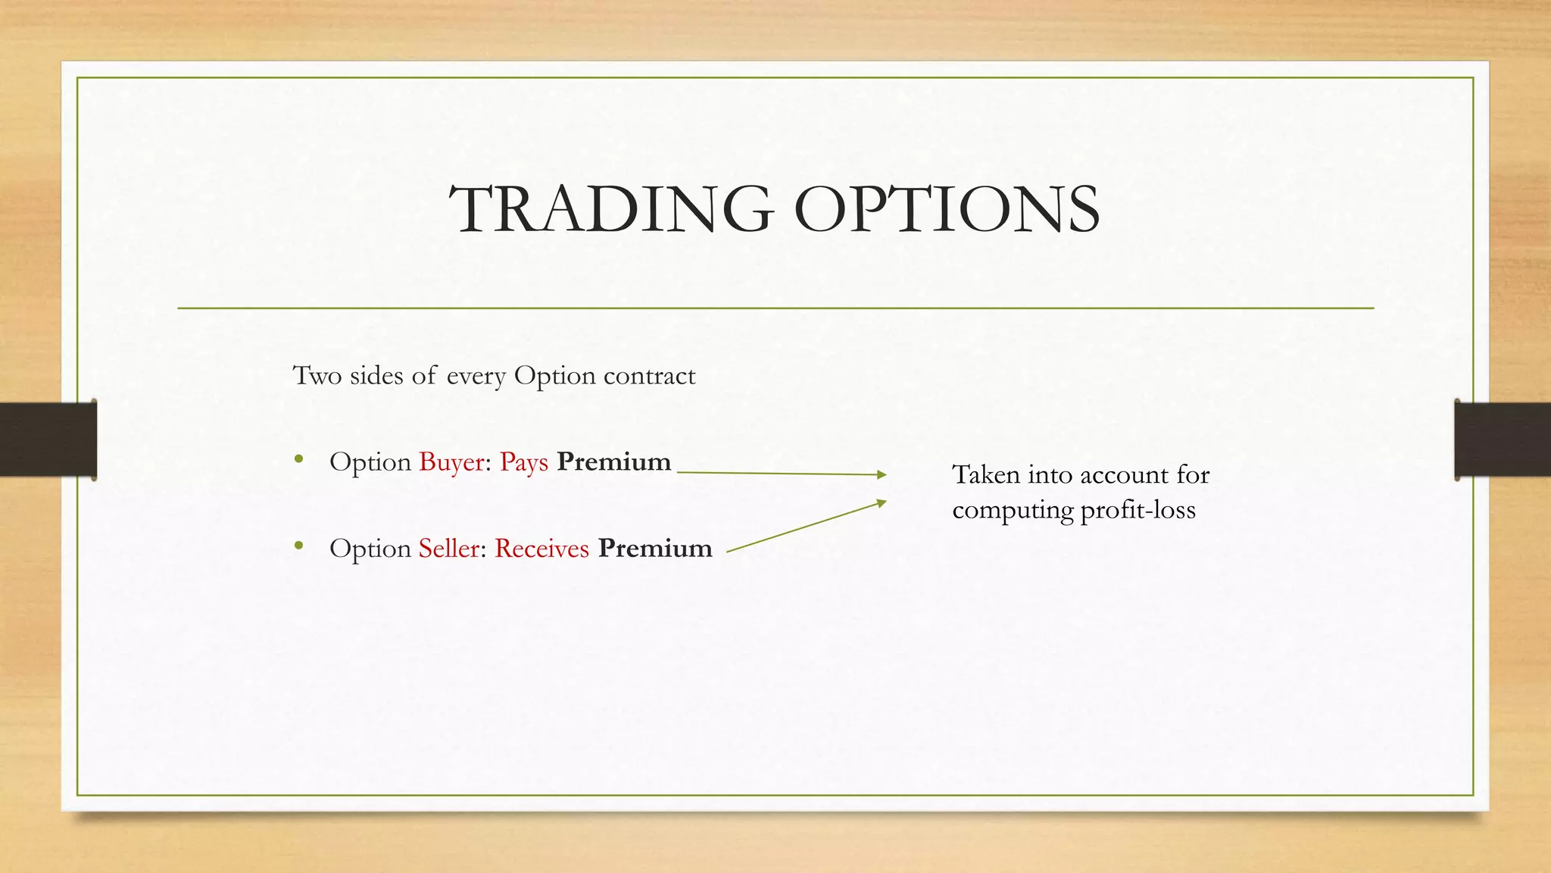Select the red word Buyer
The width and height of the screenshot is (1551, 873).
[451, 462]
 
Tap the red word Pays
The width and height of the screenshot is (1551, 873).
[523, 462]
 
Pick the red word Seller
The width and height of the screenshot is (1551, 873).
[448, 548]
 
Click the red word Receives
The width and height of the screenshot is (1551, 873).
[541, 548]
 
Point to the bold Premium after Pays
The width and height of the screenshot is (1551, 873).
[613, 462]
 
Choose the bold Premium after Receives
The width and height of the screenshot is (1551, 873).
[655, 548]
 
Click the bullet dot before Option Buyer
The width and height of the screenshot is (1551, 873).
[299, 458]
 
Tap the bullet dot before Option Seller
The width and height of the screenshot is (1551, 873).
[299, 545]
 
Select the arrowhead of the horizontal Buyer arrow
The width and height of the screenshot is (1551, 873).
[881, 474]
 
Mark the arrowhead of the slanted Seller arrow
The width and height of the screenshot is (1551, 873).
[881, 502]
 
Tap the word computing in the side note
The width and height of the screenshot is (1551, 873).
[1012, 511]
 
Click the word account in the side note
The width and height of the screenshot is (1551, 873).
[1124, 475]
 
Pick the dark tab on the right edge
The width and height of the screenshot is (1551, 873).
[1503, 440]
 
